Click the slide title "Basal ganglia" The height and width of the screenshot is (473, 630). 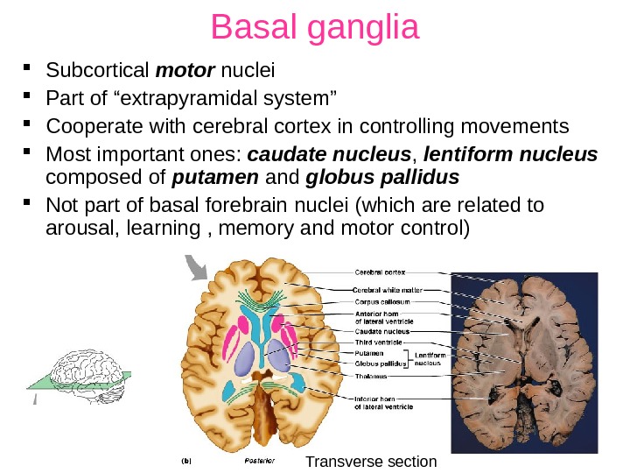(x=315, y=29)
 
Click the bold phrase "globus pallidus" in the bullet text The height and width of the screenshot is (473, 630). (x=382, y=180)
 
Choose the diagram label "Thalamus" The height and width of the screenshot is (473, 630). (x=372, y=376)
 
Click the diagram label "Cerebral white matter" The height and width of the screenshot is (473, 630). (x=387, y=290)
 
